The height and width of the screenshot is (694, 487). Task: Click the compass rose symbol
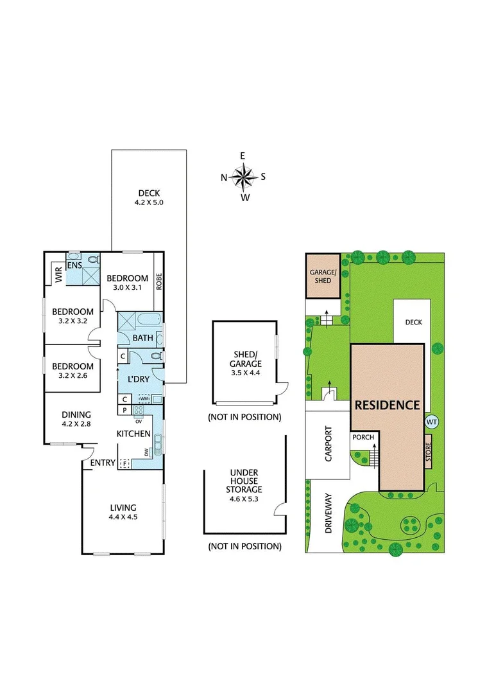tap(244, 176)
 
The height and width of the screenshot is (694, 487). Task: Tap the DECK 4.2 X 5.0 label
tap(148, 197)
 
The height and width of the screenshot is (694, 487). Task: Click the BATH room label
tap(141, 339)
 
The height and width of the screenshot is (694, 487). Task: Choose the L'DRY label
tap(139, 379)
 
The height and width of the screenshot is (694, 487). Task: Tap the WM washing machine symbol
tap(144, 399)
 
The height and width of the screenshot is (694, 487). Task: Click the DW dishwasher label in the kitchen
tap(147, 453)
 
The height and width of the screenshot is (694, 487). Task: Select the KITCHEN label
tap(133, 434)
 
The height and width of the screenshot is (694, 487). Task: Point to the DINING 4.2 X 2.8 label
tap(76, 420)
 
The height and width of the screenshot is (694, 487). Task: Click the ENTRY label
tap(103, 463)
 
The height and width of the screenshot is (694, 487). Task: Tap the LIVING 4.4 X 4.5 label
tap(122, 512)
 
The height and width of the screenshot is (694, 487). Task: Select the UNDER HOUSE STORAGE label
tap(244, 481)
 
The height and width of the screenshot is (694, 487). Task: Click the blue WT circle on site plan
tap(431, 422)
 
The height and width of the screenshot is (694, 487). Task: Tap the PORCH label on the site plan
tap(363, 438)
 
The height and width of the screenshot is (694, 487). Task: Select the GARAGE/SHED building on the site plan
tap(323, 276)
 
